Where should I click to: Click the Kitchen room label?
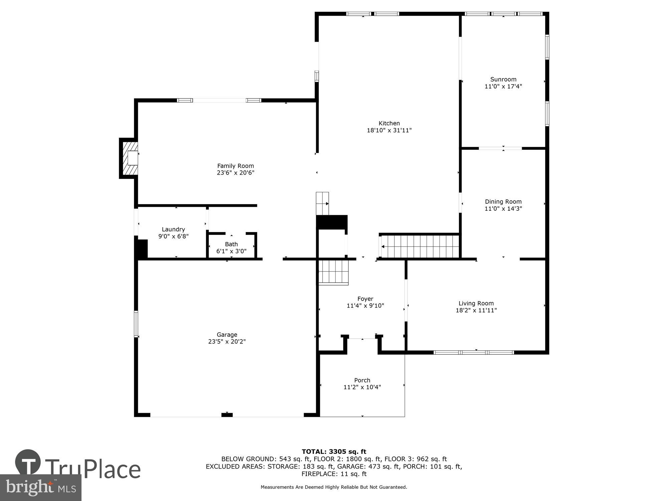tap(389, 123)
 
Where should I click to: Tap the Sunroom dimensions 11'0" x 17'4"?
tap(503, 87)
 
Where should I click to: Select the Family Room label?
tap(235, 166)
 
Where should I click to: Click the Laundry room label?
tap(173, 229)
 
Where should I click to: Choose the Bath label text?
tap(231, 244)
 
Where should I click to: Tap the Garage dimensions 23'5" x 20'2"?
tap(227, 342)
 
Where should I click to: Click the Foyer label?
tap(365, 299)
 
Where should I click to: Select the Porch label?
tap(362, 380)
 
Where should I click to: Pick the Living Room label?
tap(476, 303)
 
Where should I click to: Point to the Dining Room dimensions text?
tap(503, 209)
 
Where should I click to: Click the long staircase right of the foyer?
tap(420, 247)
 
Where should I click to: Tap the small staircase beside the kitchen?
tap(323, 203)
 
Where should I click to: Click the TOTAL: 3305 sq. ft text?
tap(334, 452)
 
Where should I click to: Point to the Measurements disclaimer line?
tap(334, 487)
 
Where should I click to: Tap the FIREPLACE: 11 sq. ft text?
tap(334, 474)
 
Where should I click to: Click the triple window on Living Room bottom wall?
tap(474, 352)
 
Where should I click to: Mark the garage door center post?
tap(227, 414)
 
